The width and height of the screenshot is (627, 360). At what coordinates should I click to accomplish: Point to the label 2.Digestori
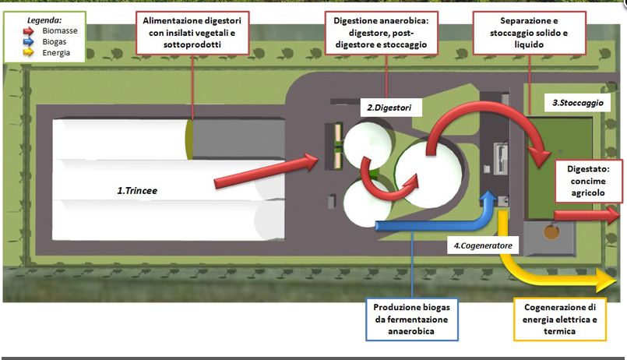(x=389, y=106)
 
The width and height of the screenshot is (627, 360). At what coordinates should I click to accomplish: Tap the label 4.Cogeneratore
(x=484, y=245)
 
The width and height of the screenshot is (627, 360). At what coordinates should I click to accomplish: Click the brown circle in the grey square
(x=551, y=232)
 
